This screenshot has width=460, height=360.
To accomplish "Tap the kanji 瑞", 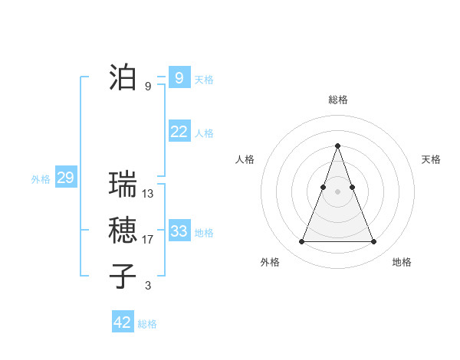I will click(123, 185).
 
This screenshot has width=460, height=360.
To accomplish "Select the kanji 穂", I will click(123, 231).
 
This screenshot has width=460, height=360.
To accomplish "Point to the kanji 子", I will click(123, 277).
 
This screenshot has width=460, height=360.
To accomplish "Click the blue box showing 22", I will click(179, 132).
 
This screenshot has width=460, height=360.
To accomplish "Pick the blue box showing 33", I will click(179, 231).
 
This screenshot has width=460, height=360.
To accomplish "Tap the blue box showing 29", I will click(65, 178).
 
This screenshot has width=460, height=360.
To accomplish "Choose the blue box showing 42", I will click(123, 322).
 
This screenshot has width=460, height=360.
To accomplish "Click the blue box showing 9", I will click(179, 77).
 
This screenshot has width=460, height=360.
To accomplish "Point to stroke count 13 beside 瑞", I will click(148, 195).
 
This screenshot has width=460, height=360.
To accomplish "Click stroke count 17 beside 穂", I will click(148, 240).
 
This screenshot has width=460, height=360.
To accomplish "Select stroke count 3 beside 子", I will click(148, 286).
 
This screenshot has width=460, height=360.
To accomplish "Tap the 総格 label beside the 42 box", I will click(147, 324).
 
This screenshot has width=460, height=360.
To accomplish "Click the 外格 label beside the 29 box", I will click(41, 180).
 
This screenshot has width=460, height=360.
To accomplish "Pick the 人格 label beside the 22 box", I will click(204, 133).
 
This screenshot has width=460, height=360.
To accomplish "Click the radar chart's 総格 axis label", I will click(338, 100).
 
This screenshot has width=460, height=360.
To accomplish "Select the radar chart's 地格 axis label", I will click(402, 262).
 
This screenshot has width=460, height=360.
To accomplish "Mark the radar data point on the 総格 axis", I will click(337, 146).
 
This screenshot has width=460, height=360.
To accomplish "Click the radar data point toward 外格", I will click(301, 242).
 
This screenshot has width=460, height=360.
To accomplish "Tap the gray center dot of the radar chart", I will click(337, 191).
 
